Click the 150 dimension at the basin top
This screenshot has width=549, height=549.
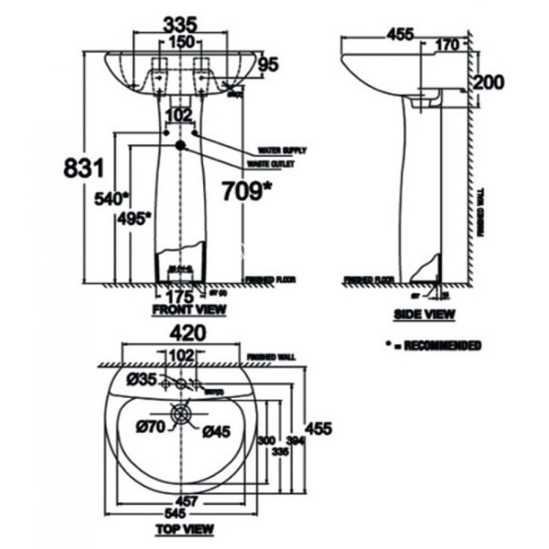pyautogui.click(x=180, y=42)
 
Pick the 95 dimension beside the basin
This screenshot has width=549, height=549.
pyautogui.click(x=269, y=65)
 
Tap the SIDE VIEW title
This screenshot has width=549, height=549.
pyautogui.click(x=424, y=314)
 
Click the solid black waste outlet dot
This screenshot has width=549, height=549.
pyautogui.click(x=180, y=145)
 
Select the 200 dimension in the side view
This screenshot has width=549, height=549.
pyautogui.click(x=488, y=82)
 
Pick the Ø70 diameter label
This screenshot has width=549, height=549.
pyautogui.click(x=149, y=427)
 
